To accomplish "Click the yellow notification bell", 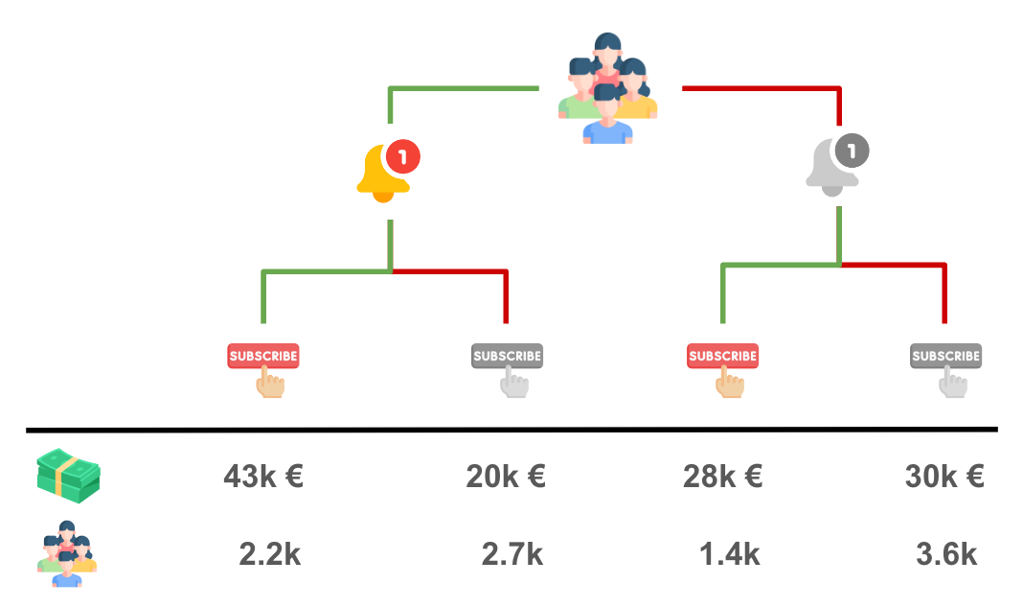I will tap(383, 175).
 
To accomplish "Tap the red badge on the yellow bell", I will tap(403, 155).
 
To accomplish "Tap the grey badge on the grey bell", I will tap(852, 151).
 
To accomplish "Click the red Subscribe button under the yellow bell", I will tap(263, 356).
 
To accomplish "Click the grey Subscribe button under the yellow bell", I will tap(507, 356).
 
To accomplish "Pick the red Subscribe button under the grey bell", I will tap(723, 356).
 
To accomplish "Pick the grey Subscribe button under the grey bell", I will tap(945, 356).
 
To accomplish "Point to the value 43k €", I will tap(263, 477).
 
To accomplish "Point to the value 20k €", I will tap(506, 477).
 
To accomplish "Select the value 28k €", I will tap(722, 477).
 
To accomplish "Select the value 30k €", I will tap(944, 477).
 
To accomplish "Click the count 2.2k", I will tap(269, 554).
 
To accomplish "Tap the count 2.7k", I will tap(512, 554).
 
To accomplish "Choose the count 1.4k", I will tap(729, 554).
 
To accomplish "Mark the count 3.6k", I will tap(945, 554).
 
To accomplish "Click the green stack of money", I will tap(69, 476).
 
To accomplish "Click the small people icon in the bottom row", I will tap(68, 553).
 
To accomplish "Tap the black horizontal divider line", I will tap(511, 429).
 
